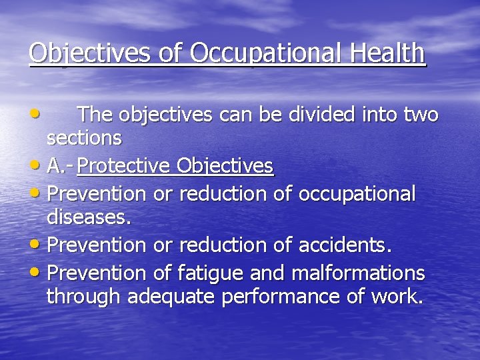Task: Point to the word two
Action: click(420, 115)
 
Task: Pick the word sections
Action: click(84, 138)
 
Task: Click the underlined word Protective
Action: click(123, 166)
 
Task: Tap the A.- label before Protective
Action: click(61, 166)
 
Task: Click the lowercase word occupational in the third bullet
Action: click(357, 195)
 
